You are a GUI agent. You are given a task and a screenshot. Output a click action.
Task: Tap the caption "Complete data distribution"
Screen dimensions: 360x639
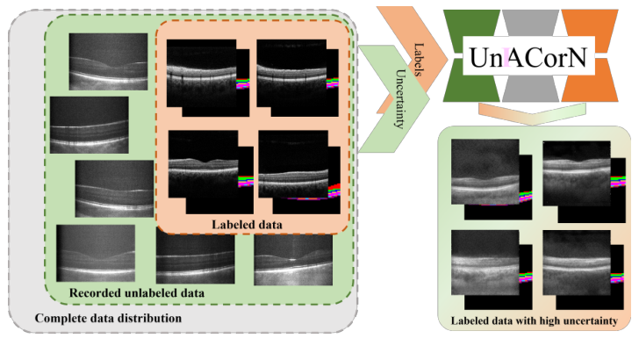pyautogui.click(x=107, y=317)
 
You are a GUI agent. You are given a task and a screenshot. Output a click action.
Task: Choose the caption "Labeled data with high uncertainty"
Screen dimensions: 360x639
pyautogui.click(x=535, y=322)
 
